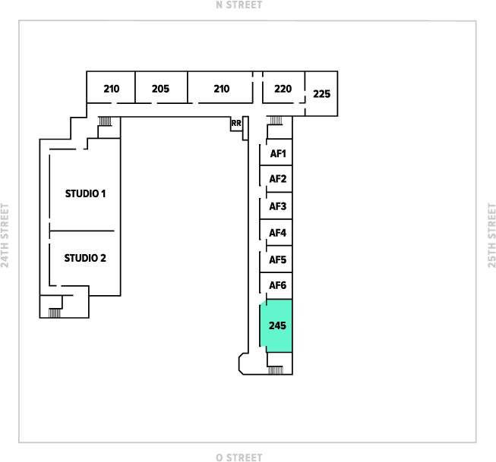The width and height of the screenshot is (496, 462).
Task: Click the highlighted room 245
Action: [x=277, y=325]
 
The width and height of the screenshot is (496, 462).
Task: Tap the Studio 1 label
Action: [x=84, y=193]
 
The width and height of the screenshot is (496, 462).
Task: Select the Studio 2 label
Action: [x=84, y=258]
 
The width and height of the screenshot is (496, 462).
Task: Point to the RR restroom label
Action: [x=236, y=124]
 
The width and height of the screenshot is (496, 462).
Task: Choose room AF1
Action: [x=278, y=154]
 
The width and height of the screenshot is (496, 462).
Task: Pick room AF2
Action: [x=278, y=180]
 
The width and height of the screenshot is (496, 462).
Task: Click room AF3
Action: [x=278, y=206]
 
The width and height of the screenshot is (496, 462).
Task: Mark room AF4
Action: [x=278, y=233]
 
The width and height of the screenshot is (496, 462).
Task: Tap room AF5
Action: [x=278, y=259]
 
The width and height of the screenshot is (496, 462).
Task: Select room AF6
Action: [x=278, y=286]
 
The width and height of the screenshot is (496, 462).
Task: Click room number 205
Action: [x=160, y=89]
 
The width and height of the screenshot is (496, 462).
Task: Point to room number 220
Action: [x=283, y=89]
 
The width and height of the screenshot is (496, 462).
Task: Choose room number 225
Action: [x=322, y=94]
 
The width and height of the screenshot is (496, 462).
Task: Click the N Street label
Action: [x=239, y=5]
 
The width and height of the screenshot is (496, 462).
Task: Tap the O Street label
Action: [x=239, y=457]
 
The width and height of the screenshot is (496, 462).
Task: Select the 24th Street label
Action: [x=6, y=235]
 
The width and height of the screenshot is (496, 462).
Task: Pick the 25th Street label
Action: [x=491, y=235]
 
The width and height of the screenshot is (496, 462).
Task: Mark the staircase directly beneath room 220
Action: [x=275, y=120]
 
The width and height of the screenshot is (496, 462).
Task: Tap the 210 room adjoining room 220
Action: [x=221, y=89]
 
